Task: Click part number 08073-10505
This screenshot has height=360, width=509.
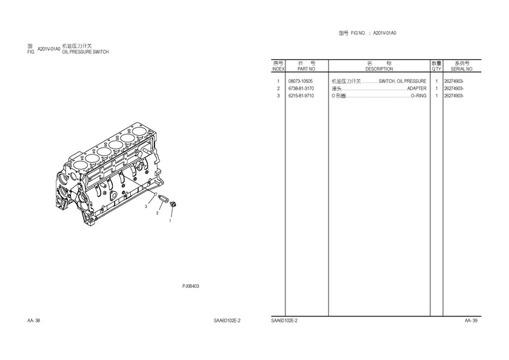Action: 301,81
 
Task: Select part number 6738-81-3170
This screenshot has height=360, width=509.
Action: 301,88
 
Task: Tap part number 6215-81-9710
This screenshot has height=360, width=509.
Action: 301,96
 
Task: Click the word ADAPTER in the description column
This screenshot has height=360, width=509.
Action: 417,88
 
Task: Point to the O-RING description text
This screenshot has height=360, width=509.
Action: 419,96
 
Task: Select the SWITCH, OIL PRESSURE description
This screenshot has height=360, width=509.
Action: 402,81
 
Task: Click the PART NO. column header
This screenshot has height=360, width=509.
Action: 307,69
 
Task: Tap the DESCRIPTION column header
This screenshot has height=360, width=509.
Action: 379,69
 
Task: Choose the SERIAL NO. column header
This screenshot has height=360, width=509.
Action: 462,69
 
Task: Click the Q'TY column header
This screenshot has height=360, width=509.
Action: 437,69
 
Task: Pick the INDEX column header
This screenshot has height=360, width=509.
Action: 278,69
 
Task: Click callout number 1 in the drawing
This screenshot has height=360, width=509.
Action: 170,221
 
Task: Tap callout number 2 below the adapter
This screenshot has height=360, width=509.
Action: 158,213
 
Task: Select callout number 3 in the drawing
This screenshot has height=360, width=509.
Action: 146,207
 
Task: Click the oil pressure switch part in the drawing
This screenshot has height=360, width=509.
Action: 173,204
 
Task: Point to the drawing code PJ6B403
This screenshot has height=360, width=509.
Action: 190,286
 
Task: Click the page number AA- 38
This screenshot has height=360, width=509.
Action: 33,321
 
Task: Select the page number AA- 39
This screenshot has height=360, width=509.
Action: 471,321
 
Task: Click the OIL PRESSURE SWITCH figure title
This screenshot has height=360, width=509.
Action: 85,52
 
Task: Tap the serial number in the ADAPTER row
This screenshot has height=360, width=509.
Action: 454,88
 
